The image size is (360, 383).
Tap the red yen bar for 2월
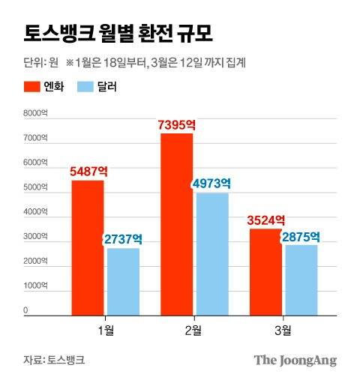click(x=176, y=223)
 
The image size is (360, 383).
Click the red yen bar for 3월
click(x=265, y=271)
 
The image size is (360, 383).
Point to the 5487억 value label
click(x=88, y=171)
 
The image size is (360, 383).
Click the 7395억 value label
click(x=178, y=124)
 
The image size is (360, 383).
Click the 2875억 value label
click(x=301, y=236)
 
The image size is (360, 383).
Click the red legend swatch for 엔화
click(x=31, y=87)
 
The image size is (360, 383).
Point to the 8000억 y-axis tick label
click(x=36, y=114)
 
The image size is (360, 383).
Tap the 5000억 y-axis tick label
click(x=36, y=187)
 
